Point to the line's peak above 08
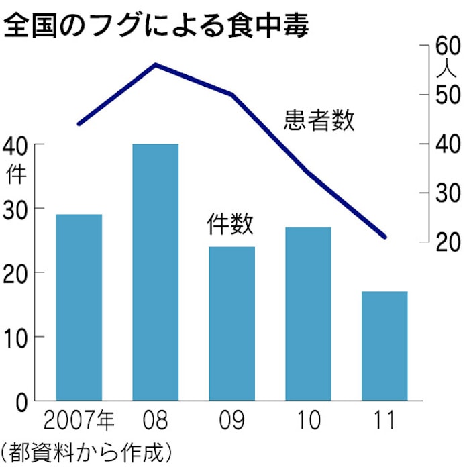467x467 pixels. click(156, 64)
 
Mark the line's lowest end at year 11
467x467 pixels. click(385, 237)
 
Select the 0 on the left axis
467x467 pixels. click(20, 401)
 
